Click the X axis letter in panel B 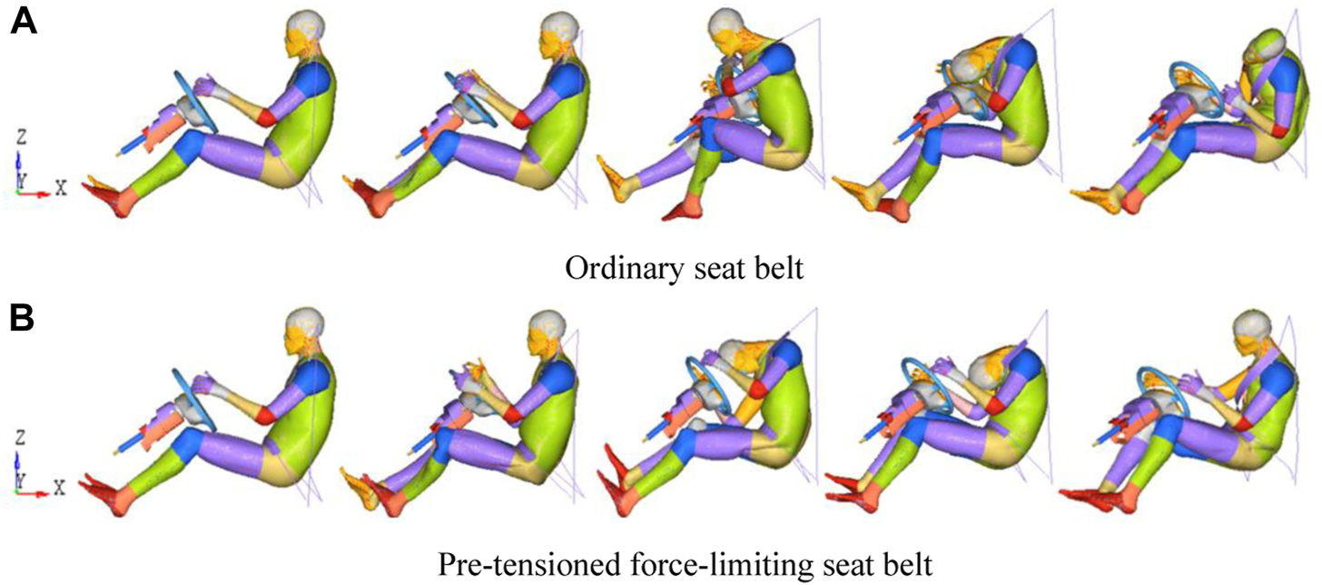[x=61, y=488]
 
